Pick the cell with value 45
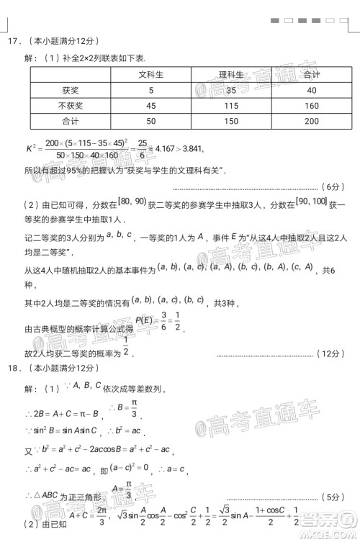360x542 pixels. click(150, 106)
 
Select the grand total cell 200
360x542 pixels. click(311, 121)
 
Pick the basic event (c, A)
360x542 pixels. click(301, 268)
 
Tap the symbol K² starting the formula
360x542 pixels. click(32, 148)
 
